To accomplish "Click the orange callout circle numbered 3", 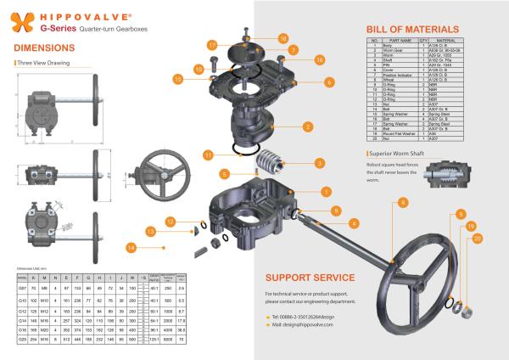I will pyautogui.click(x=320, y=161).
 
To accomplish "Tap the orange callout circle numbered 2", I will pyautogui.click(x=305, y=127).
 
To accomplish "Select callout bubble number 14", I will pyautogui.click(x=131, y=247).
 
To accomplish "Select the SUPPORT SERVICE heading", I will pyautogui.click(x=310, y=277).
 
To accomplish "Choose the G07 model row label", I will pyautogui.click(x=23, y=288).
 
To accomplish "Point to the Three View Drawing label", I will pyautogui.click(x=45, y=63).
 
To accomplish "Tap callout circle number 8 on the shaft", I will pyautogui.click(x=403, y=200).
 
